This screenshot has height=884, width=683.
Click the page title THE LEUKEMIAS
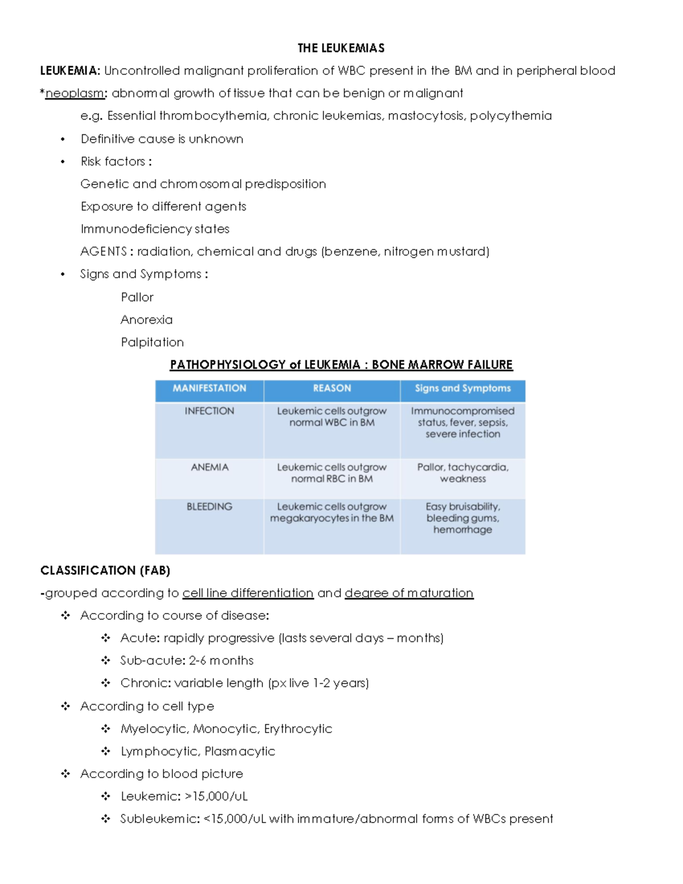341,48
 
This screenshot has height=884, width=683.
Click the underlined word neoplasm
75,93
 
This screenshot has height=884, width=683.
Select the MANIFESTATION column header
209,388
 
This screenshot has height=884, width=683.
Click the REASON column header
332,388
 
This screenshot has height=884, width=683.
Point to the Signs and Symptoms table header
463,388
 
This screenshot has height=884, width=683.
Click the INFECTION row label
209,411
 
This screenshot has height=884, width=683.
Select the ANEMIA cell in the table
209,467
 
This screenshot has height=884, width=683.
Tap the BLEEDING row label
209,507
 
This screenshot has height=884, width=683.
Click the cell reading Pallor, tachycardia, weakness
463,473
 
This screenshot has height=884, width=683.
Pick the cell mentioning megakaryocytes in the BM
332,513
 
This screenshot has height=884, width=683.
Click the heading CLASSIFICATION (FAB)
105,570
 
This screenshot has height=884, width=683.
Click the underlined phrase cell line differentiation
248,593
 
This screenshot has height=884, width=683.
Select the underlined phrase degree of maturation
409,593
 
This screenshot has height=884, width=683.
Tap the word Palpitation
152,342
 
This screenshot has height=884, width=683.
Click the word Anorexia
146,320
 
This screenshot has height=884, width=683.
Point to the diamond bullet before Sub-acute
106,660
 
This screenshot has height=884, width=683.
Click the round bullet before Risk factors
63,162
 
